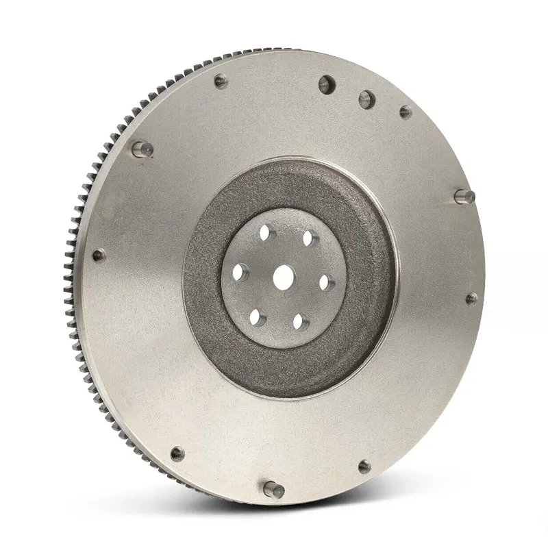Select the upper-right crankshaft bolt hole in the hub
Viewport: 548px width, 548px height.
point(308,238)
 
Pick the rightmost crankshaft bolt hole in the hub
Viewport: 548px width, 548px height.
point(326,282)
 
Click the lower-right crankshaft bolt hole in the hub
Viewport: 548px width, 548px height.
point(299,320)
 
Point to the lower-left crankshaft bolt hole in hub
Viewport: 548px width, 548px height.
point(256,316)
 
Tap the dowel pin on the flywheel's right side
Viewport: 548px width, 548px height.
point(464,196)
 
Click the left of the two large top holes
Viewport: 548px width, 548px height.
point(326,85)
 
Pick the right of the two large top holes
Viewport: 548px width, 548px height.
point(367,99)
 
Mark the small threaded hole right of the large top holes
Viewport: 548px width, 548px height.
point(406,112)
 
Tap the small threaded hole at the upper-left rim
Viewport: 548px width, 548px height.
point(220,82)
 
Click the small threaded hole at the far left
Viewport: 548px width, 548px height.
point(99,256)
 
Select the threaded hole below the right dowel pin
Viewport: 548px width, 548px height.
point(471,299)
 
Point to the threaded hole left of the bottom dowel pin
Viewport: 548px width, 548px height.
point(177,453)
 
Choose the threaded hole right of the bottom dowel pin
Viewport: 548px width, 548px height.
point(364,466)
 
